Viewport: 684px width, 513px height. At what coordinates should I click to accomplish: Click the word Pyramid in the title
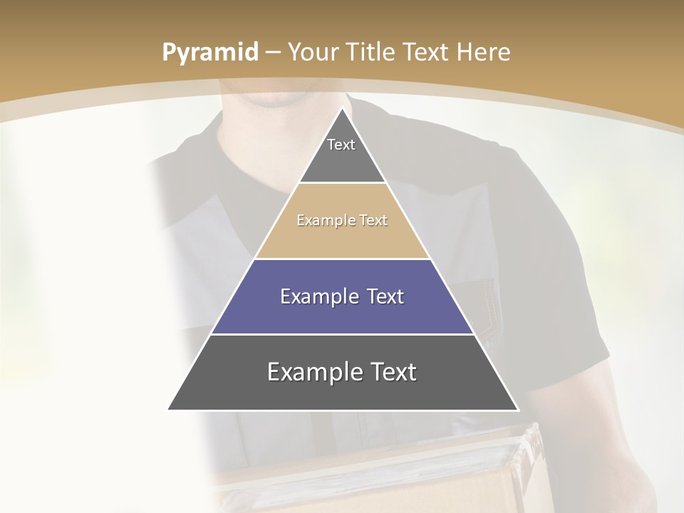tap(209, 53)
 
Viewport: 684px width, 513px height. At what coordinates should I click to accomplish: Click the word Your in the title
tap(313, 53)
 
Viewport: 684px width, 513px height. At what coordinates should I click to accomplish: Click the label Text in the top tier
tap(341, 145)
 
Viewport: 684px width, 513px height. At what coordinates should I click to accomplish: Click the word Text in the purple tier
tap(380, 296)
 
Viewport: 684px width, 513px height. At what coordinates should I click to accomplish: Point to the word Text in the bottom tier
tap(389, 372)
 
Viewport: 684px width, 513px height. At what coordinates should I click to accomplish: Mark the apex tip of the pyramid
tap(343, 109)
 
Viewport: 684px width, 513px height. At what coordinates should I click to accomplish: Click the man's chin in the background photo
tap(274, 98)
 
